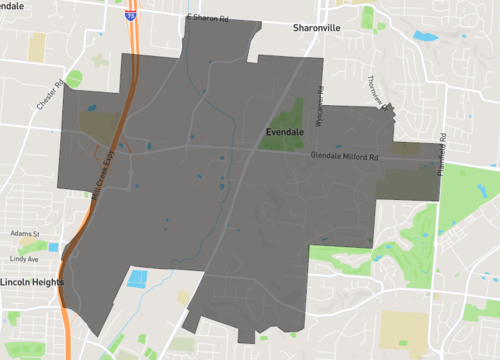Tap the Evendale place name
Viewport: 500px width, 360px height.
click(291, 132)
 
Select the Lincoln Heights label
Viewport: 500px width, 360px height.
click(31, 282)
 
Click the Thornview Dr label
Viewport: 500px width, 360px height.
click(376, 93)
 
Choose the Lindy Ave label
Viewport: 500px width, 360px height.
click(23, 259)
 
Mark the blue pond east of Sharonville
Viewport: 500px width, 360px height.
click(425, 36)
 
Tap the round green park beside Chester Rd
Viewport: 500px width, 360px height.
click(73, 79)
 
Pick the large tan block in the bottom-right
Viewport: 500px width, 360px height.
click(405, 328)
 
